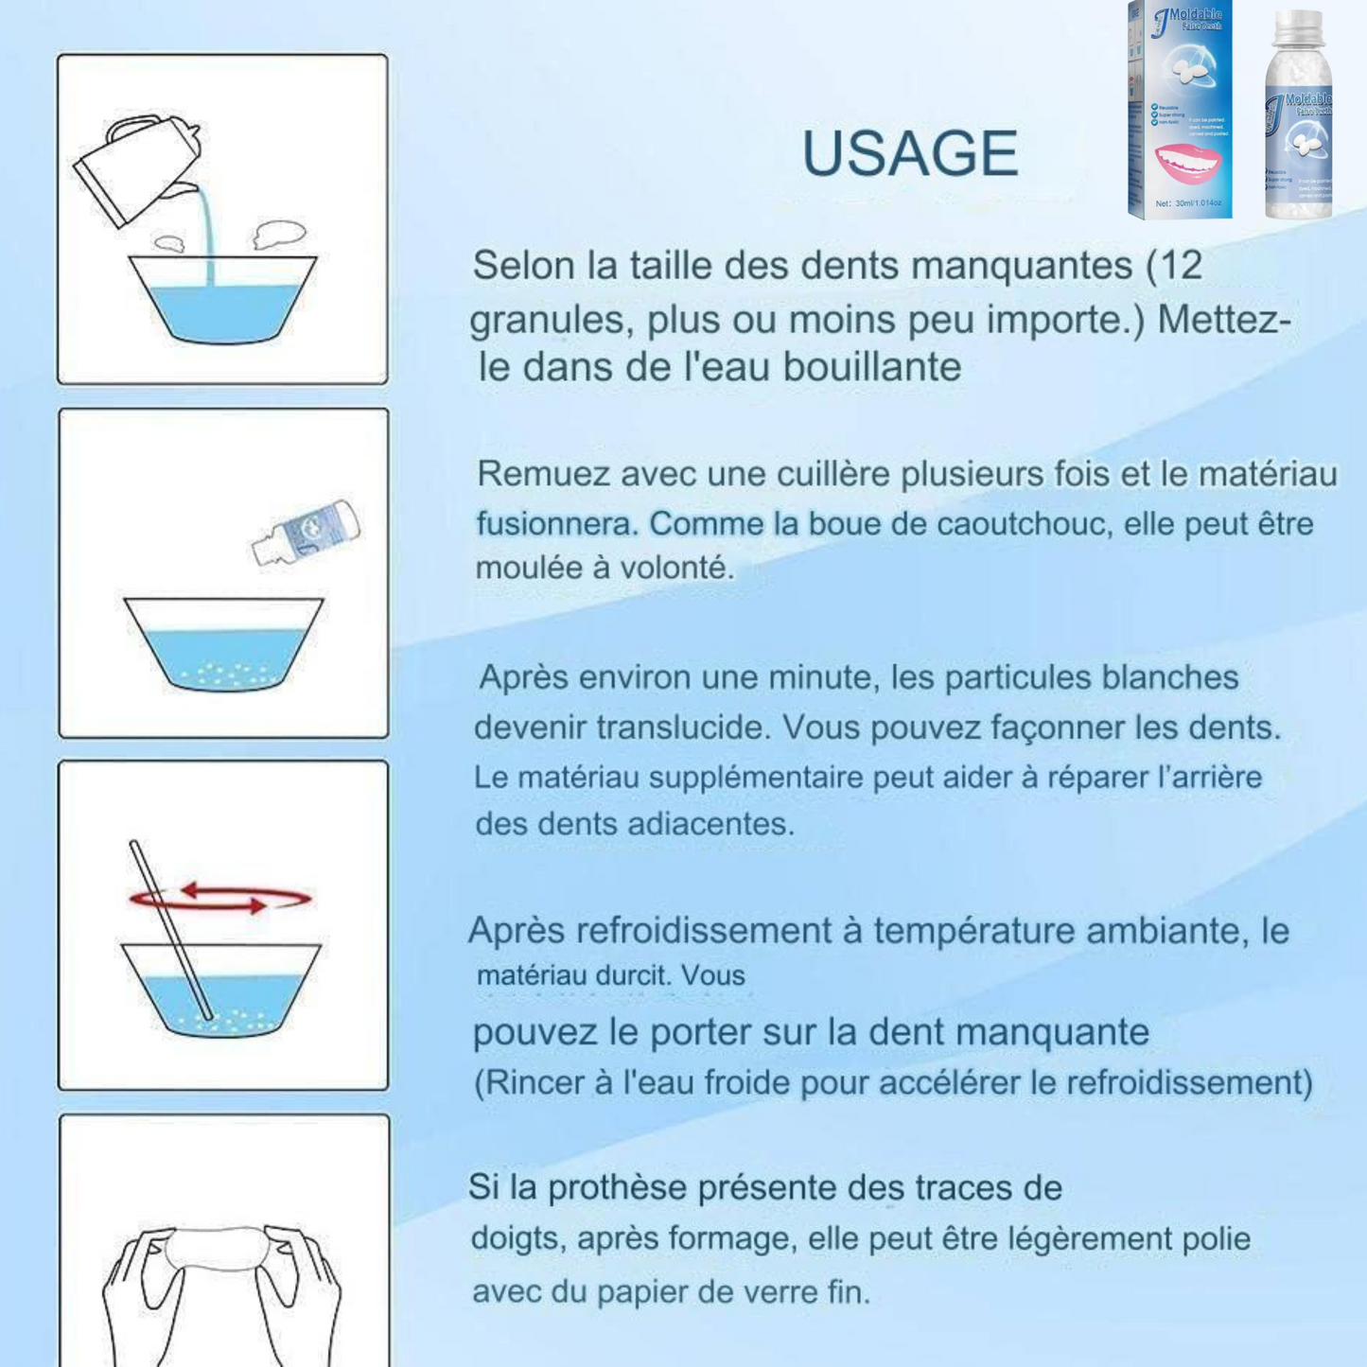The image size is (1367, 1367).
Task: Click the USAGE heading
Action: pos(909,153)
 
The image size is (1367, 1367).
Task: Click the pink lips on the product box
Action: pos(1187,164)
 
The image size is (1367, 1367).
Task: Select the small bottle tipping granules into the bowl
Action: pos(306,532)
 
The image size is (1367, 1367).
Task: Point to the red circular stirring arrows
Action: pos(220,898)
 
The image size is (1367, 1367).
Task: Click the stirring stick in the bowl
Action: pos(170,931)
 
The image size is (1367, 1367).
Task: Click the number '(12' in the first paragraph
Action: pos(1174,266)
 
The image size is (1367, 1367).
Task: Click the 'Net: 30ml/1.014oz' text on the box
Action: pos(1188,203)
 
